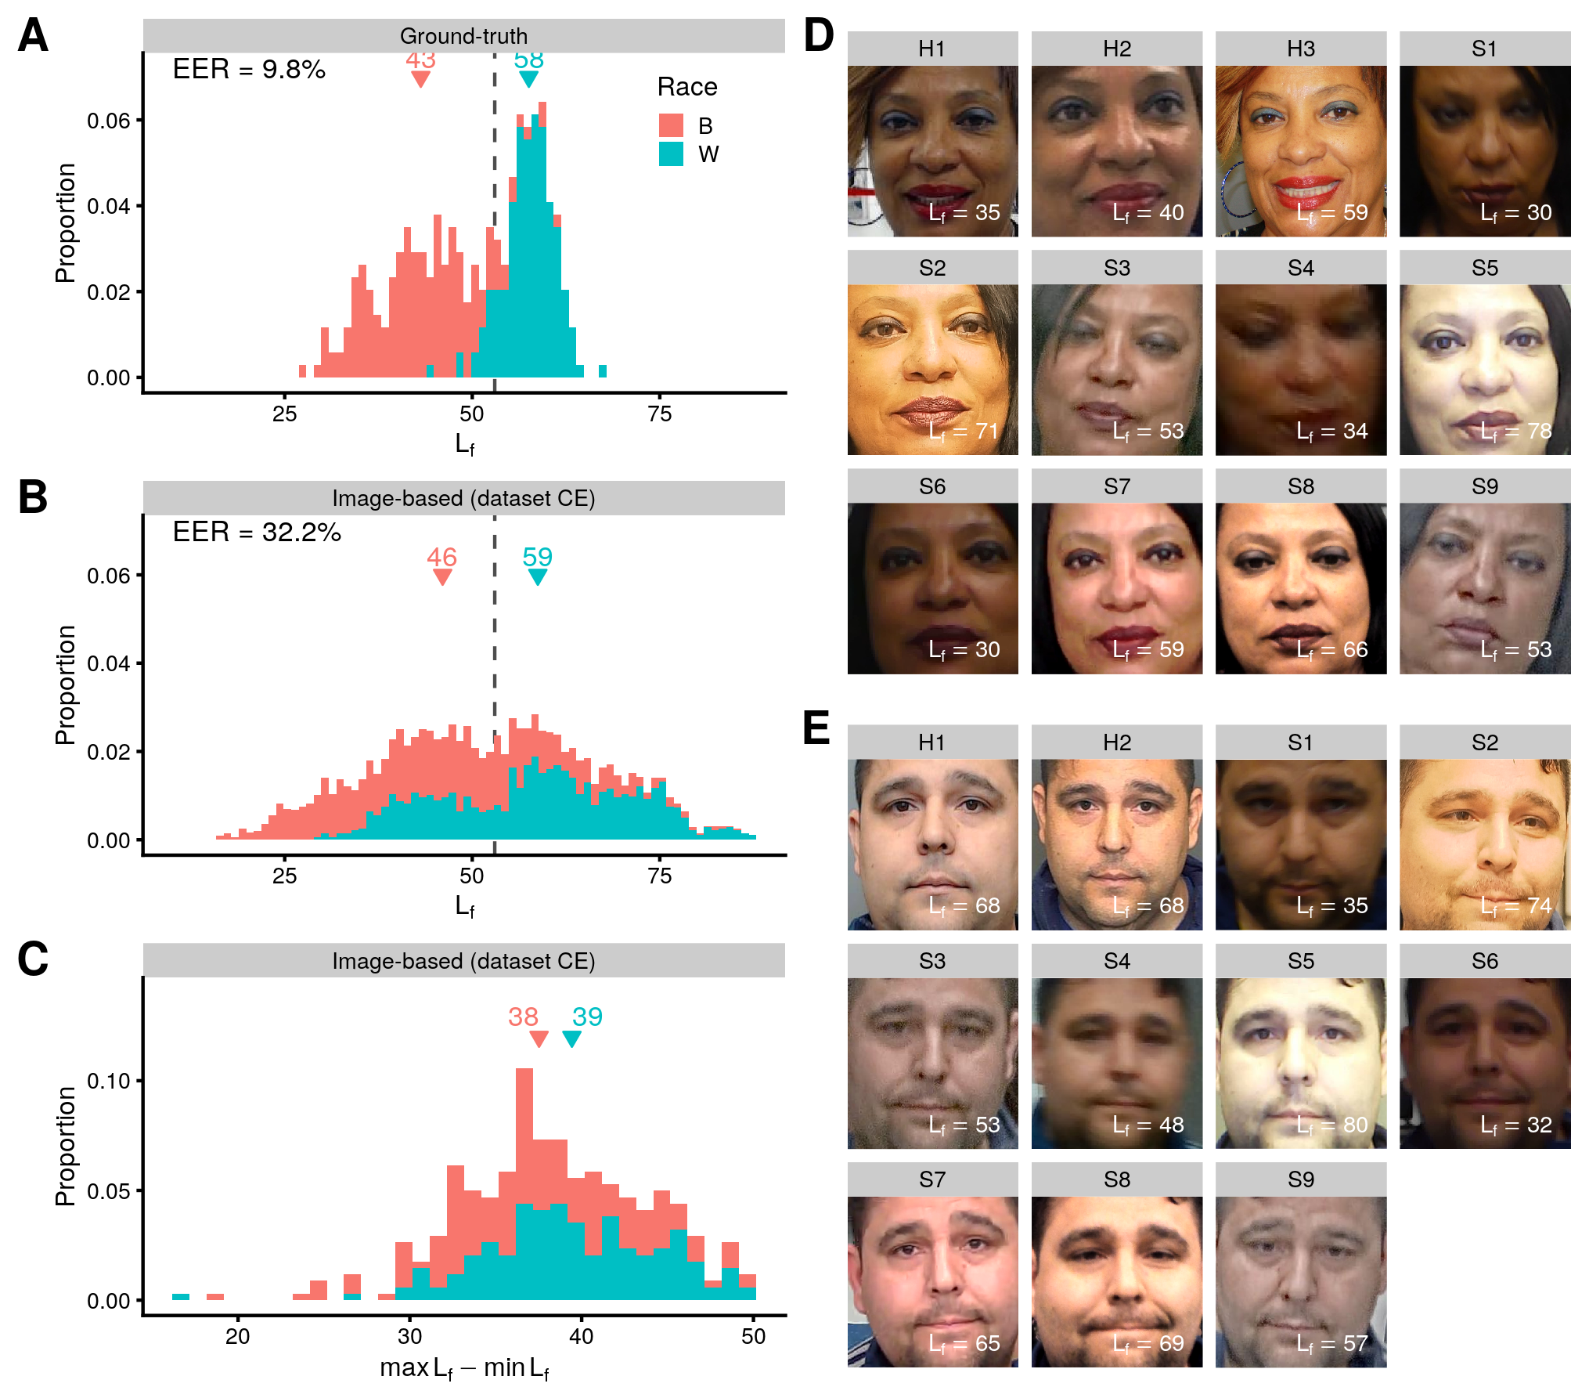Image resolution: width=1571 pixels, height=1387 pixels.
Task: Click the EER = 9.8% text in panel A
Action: [x=249, y=70]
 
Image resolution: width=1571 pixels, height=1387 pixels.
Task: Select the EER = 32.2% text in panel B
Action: [x=257, y=533]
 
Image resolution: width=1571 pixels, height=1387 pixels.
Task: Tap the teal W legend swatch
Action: [x=671, y=154]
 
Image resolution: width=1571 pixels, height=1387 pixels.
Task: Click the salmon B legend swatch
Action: [x=671, y=125]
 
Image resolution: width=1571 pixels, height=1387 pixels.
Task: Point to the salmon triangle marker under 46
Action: [x=442, y=577]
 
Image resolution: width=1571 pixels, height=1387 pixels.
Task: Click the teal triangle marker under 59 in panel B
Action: [x=537, y=577]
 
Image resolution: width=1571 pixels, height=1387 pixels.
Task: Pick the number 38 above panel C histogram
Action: [x=523, y=1017]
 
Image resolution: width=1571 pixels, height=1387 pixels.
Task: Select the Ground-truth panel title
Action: [x=463, y=36]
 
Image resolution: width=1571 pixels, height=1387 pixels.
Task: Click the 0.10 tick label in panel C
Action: [x=108, y=1082]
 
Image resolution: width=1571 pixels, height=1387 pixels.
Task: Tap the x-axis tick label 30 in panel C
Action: [x=409, y=1336]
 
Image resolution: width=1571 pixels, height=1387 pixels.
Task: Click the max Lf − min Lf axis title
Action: [x=463, y=1368]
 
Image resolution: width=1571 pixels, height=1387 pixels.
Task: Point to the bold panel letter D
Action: [x=819, y=36]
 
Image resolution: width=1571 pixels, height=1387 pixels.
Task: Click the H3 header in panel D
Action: [x=1301, y=49]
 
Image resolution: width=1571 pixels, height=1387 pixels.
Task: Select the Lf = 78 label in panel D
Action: [x=1515, y=431]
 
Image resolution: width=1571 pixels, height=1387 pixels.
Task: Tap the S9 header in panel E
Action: [x=1301, y=1179]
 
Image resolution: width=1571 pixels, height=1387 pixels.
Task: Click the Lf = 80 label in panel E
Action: [x=1331, y=1125]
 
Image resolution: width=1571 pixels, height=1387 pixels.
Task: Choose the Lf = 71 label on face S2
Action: [x=964, y=431]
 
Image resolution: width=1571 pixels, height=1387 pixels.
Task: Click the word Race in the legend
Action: [x=687, y=87]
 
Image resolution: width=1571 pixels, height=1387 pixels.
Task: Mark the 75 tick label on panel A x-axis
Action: [x=660, y=414]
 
